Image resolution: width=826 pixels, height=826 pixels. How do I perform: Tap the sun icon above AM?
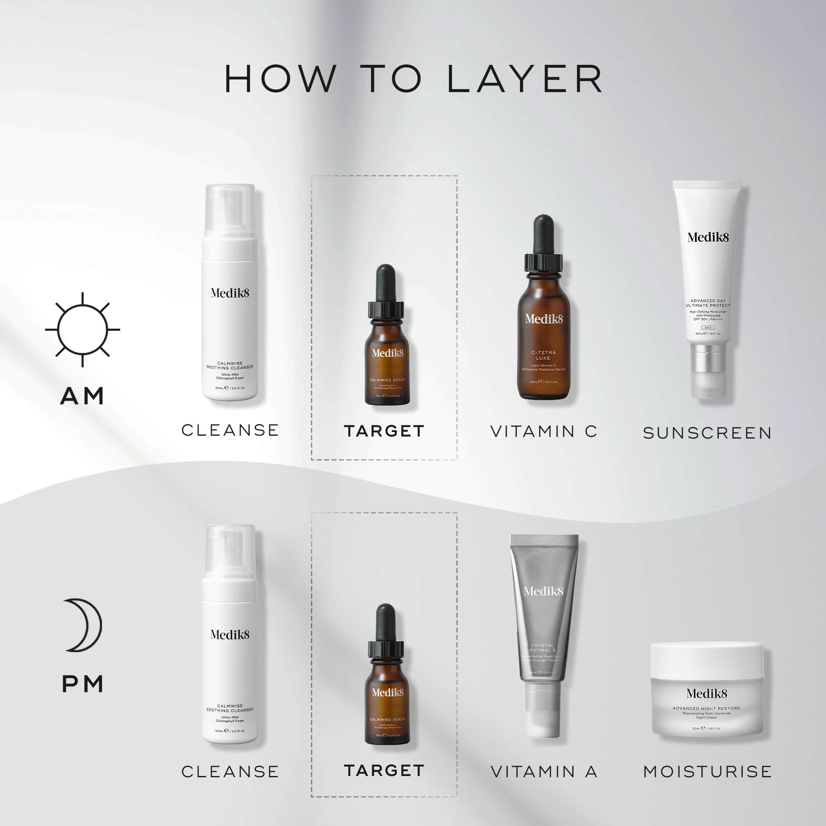pyautogui.click(x=83, y=330)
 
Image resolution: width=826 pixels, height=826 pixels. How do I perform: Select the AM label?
pyautogui.click(x=82, y=396)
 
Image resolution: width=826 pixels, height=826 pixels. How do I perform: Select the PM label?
pyautogui.click(x=83, y=684)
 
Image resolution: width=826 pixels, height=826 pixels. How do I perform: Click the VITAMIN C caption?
pyautogui.click(x=544, y=432)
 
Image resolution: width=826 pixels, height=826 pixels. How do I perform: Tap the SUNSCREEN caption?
pyautogui.click(x=707, y=433)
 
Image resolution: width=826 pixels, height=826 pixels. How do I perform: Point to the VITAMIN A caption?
pyautogui.click(x=544, y=772)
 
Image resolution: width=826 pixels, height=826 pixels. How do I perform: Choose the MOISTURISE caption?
pyautogui.click(x=707, y=772)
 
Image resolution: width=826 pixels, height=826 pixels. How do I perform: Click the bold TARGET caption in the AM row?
pyautogui.click(x=384, y=431)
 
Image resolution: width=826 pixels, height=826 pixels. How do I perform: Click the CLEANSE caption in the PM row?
pyautogui.click(x=230, y=772)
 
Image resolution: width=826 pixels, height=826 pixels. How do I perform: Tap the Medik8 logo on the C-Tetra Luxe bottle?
pyautogui.click(x=544, y=319)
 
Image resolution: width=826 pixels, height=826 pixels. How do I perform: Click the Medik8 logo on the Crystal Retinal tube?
pyautogui.click(x=544, y=591)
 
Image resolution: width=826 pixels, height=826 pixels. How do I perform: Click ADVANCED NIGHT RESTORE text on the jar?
pyautogui.click(x=706, y=708)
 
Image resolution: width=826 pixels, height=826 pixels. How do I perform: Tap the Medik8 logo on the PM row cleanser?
pyautogui.click(x=230, y=634)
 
